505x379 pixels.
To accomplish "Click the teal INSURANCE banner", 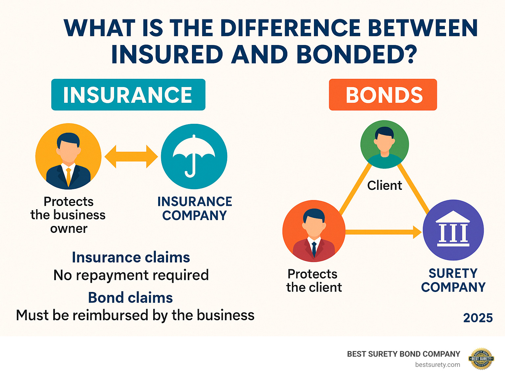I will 128,95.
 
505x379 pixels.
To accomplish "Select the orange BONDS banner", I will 383,95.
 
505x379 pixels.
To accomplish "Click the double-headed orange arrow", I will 131,156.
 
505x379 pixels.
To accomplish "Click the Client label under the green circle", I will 384,186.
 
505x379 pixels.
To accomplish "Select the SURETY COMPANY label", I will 453,280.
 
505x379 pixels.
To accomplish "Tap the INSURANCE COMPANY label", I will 195,208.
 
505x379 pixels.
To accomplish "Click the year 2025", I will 478,318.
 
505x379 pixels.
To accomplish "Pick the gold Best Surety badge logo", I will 481,359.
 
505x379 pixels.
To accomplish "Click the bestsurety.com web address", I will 437,365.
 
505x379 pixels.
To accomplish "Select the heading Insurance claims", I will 131,257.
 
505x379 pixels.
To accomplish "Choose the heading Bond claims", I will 130,298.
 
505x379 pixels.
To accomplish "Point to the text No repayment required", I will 131,275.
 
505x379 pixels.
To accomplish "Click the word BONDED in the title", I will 357,54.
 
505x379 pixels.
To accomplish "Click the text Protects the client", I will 314,280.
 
